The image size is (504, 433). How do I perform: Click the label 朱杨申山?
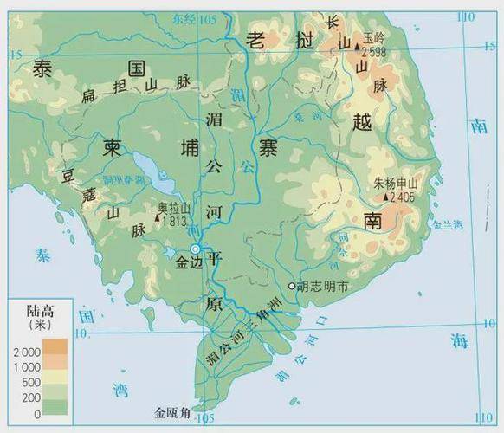(x=396, y=184)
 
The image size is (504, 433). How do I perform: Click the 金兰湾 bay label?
(x=448, y=224)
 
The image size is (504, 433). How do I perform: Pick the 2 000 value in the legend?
(x=26, y=352)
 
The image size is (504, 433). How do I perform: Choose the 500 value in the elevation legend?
(x=32, y=383)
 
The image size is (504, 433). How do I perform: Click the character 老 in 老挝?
(x=256, y=37)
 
